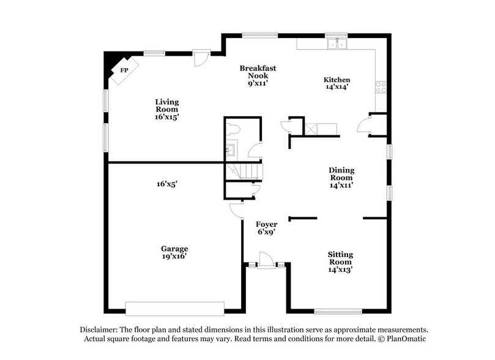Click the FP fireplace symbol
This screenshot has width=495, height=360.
click(x=124, y=70)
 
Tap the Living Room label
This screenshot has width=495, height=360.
click(x=166, y=108)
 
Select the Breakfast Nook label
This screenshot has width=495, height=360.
click(x=258, y=72)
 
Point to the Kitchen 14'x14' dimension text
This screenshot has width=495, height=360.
click(x=337, y=88)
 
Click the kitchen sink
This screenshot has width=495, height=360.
click(x=337, y=44)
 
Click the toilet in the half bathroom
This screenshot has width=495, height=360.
click(x=232, y=129)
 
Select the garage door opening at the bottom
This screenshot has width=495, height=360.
click(x=175, y=307)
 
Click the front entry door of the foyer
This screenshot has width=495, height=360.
click(x=266, y=260)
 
